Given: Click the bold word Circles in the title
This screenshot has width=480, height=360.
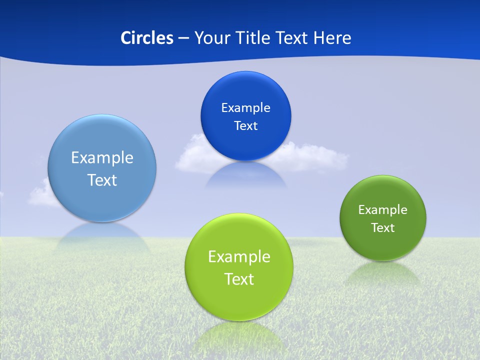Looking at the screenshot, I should tap(147, 38).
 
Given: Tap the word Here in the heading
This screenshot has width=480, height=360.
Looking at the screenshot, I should tap(332, 38).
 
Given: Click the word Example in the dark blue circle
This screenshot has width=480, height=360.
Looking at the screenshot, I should tap(245, 108).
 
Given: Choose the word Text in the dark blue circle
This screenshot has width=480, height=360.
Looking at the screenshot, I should tap(245, 126).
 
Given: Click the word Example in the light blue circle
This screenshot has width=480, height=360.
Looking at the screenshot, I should tap(102, 158).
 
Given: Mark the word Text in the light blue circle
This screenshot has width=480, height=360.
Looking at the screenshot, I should tap(102, 180).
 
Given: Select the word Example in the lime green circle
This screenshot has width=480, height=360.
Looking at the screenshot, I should tap(239, 257).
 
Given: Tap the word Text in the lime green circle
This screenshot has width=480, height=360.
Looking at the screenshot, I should tap(239, 279).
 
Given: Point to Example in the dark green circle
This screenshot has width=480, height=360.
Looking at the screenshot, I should tap(383, 210).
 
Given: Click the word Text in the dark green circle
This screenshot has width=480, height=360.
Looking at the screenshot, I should tap(383, 228).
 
